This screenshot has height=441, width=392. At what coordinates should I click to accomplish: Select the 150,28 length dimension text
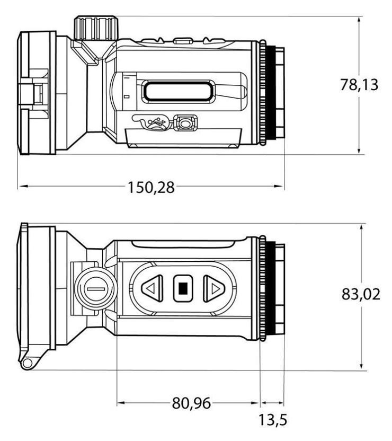150,188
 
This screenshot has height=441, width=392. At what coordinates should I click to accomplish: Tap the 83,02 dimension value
361,295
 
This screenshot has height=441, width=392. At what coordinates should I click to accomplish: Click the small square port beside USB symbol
185,123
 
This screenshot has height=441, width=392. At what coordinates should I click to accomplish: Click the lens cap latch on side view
34,95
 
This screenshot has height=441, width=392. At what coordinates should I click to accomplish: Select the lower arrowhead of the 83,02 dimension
361,366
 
